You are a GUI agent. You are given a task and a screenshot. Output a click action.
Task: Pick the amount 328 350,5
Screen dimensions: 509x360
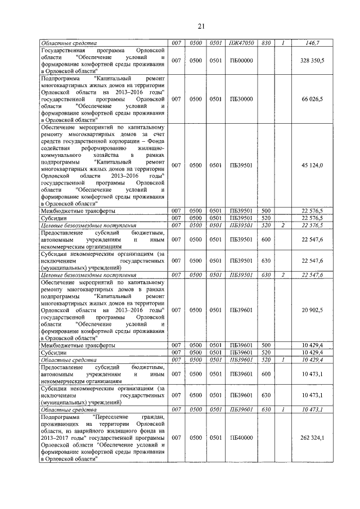[312, 60]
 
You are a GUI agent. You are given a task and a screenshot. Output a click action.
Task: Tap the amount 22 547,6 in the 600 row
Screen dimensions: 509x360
[313, 239]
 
